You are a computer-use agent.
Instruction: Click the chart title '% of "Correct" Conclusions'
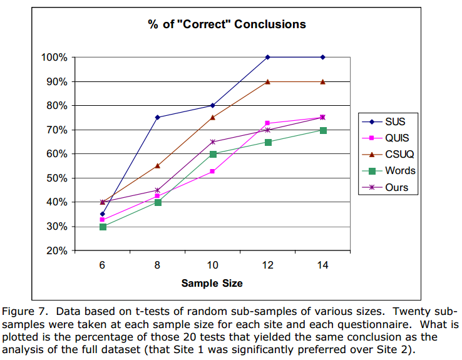click(x=227, y=25)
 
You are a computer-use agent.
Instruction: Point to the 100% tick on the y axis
click(x=54, y=58)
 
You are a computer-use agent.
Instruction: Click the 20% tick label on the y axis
click(x=56, y=251)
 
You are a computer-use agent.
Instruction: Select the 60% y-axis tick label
click(x=56, y=154)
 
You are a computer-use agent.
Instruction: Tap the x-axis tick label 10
click(x=212, y=265)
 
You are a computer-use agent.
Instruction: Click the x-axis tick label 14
click(x=322, y=265)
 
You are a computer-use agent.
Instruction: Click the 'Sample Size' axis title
click(x=212, y=283)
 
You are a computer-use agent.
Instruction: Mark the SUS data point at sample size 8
click(x=158, y=117)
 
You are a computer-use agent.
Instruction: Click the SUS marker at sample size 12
click(x=268, y=57)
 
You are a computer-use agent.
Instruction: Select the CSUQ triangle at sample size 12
click(x=268, y=81)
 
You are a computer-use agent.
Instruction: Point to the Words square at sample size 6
click(x=103, y=227)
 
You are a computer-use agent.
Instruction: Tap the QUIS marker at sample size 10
click(x=213, y=171)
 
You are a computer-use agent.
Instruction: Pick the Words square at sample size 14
click(x=323, y=130)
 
